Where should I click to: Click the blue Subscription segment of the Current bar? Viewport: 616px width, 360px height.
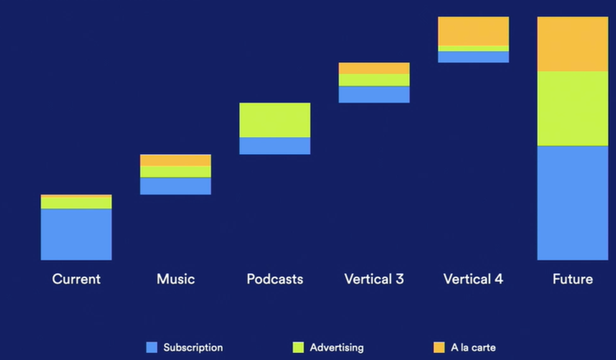pyautogui.click(x=76, y=234)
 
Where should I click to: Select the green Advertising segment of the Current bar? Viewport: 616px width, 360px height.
pyautogui.click(x=76, y=202)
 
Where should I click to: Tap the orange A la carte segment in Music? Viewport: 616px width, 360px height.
pyautogui.click(x=175, y=160)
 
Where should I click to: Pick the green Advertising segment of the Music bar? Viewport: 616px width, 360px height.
pyautogui.click(x=175, y=171)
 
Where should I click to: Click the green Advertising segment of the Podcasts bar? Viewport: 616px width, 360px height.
pyautogui.click(x=275, y=120)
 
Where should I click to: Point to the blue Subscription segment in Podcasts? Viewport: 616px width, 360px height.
pyautogui.click(x=275, y=146)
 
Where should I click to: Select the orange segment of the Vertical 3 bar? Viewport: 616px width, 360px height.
pyautogui.click(x=374, y=68)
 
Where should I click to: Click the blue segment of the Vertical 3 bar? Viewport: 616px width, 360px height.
pyautogui.click(x=374, y=94)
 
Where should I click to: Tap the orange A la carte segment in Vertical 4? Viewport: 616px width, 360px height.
pyautogui.click(x=474, y=31)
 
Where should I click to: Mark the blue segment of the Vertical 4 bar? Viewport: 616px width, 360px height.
pyautogui.click(x=474, y=57)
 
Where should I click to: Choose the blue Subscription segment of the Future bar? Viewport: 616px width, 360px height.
pyautogui.click(x=573, y=202)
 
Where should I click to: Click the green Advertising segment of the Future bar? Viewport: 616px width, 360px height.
pyautogui.click(x=573, y=108)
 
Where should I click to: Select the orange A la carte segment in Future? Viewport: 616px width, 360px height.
pyautogui.click(x=573, y=44)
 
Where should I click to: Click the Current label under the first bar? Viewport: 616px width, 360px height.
pyautogui.click(x=76, y=279)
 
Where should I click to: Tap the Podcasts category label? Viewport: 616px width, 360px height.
pyautogui.click(x=275, y=279)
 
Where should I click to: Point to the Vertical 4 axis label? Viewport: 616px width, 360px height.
pyautogui.click(x=474, y=279)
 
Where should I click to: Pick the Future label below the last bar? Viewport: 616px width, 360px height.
pyautogui.click(x=573, y=279)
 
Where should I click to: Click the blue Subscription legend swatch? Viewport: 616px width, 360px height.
pyautogui.click(x=152, y=348)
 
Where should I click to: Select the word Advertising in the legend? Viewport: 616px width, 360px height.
pyautogui.click(x=336, y=348)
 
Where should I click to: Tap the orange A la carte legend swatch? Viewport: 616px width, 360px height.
pyautogui.click(x=439, y=348)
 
